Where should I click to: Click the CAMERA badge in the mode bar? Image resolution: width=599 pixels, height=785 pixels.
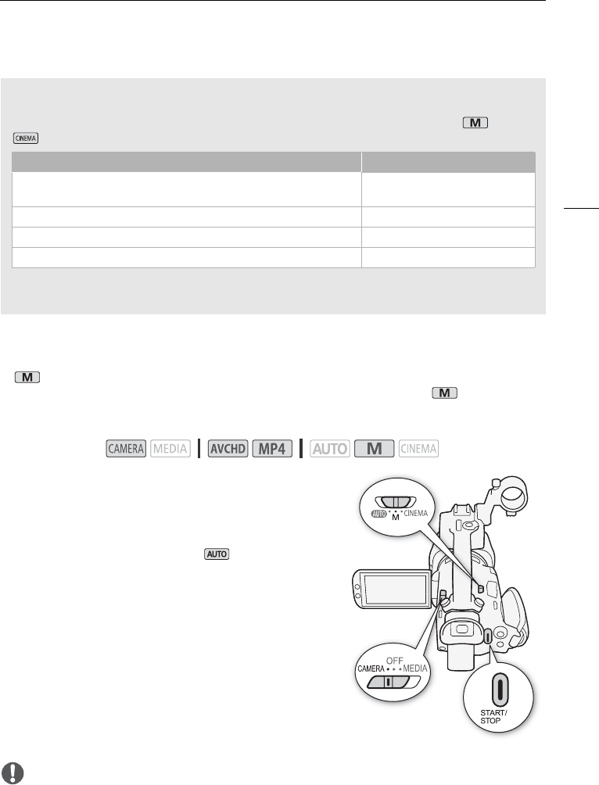(x=126, y=449)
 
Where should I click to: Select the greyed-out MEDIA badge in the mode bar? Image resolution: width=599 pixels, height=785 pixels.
(x=170, y=449)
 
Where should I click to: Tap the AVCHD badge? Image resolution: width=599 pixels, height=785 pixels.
(x=228, y=449)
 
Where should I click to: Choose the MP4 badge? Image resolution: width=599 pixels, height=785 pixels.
(x=272, y=449)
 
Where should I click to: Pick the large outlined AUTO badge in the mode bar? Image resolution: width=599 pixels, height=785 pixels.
(x=329, y=449)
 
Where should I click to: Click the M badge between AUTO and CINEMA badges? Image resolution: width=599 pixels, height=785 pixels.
(x=374, y=449)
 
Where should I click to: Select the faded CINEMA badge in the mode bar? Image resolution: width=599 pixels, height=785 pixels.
(x=418, y=449)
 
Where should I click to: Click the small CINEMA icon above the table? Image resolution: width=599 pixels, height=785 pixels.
(x=26, y=138)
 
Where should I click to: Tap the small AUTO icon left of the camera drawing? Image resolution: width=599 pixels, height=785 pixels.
(x=217, y=554)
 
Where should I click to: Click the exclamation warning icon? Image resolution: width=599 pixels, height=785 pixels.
(x=13, y=773)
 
